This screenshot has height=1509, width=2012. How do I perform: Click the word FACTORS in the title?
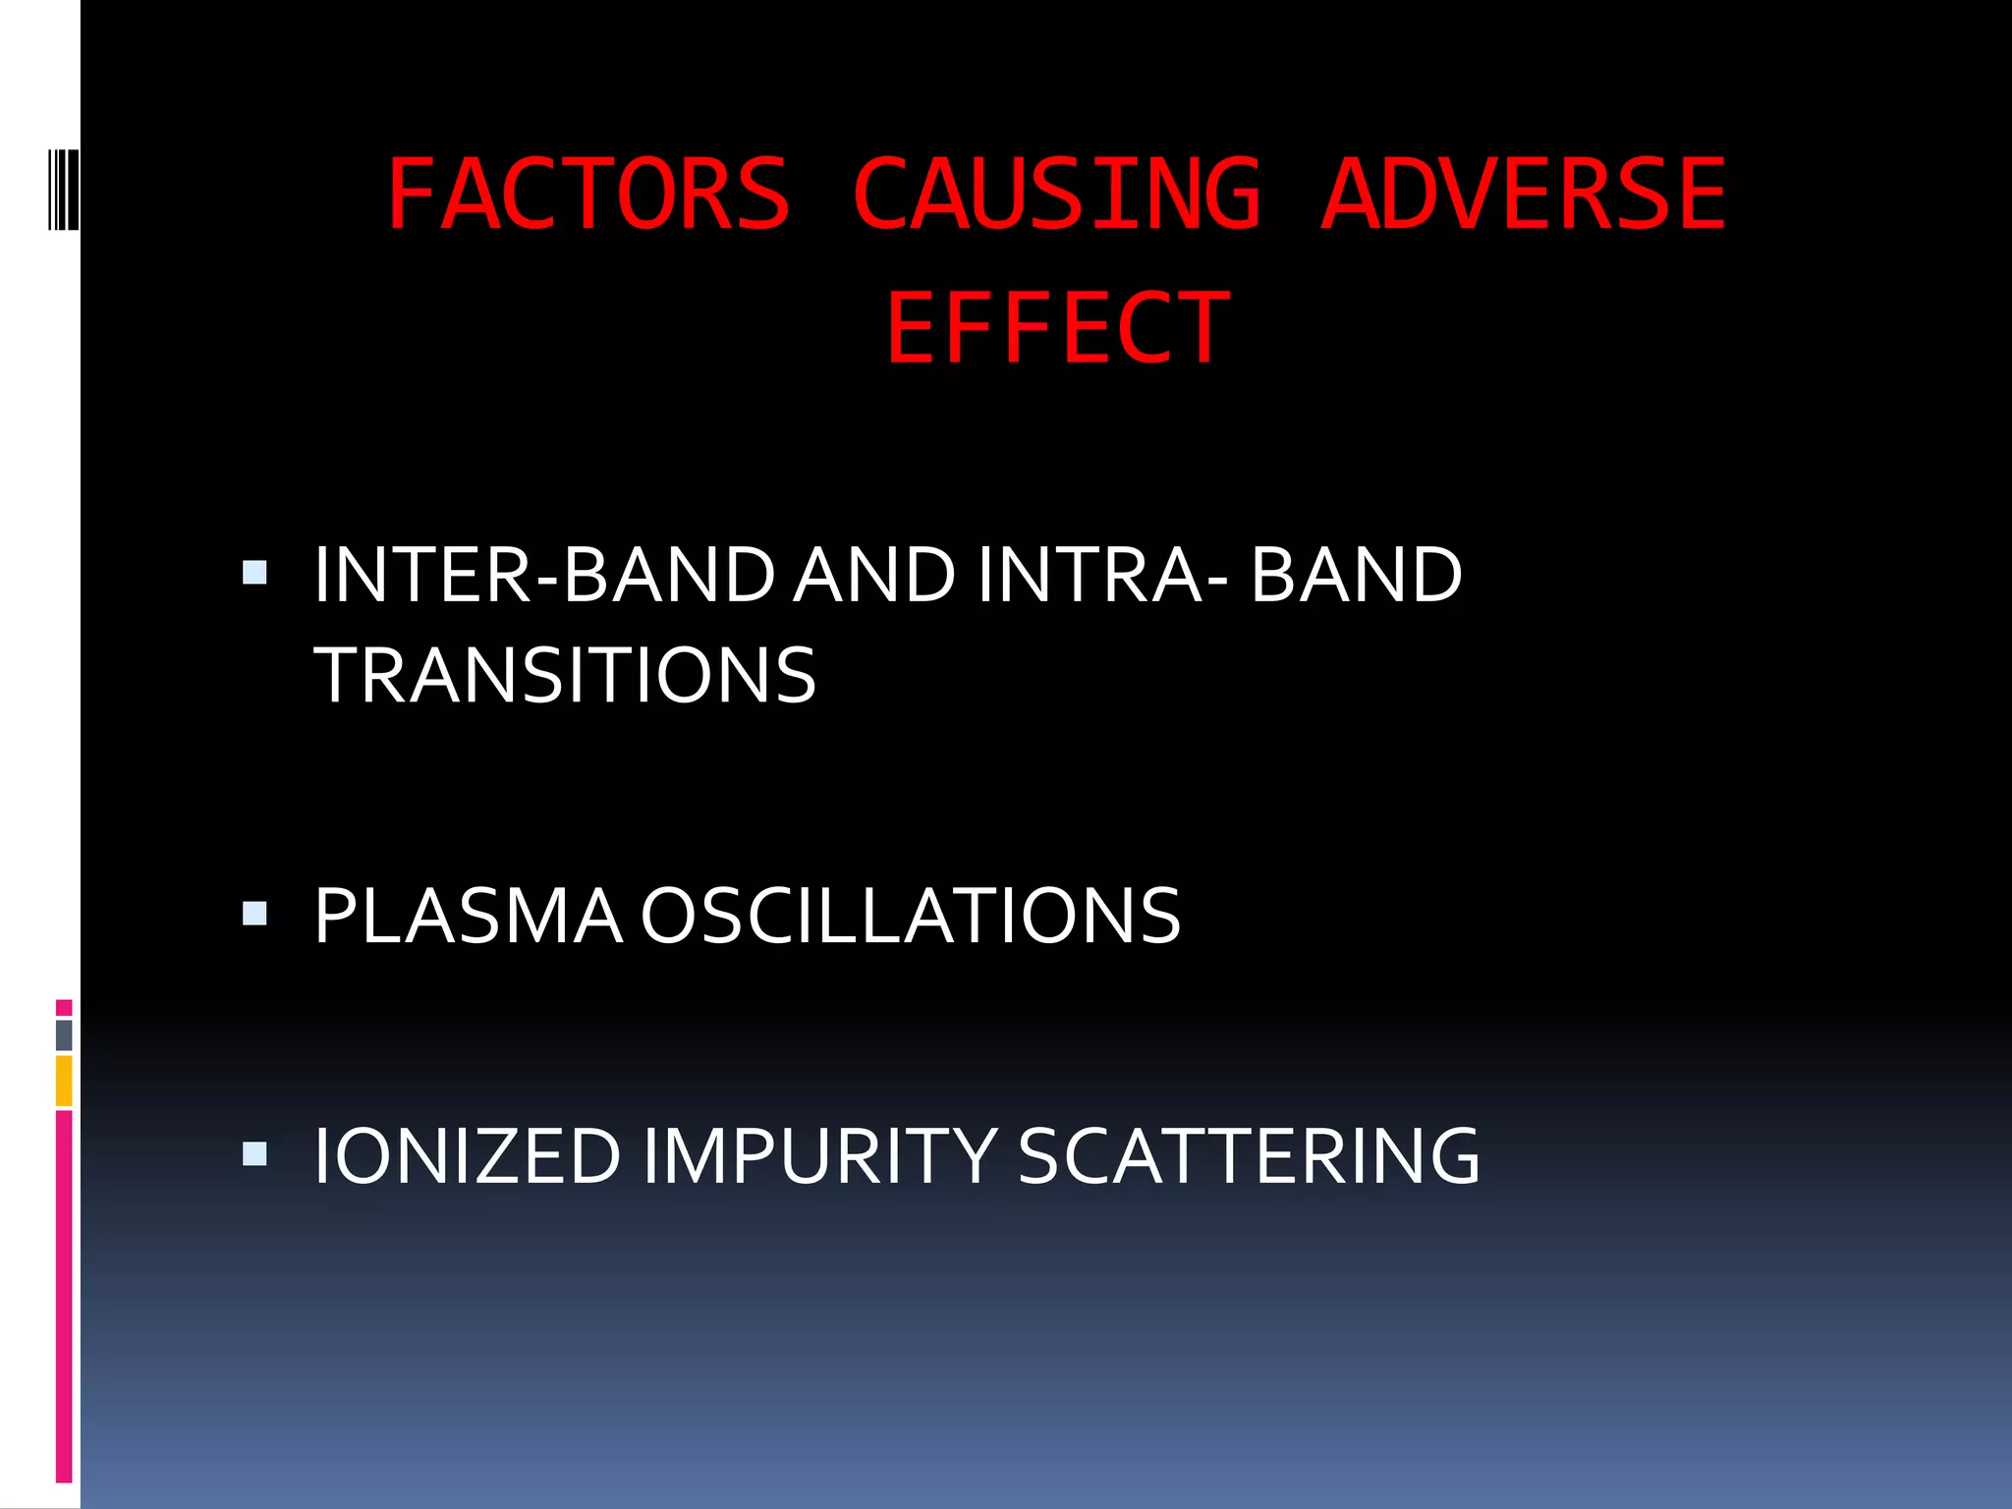(x=588, y=196)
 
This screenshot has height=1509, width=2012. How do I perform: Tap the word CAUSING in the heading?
(x=1056, y=196)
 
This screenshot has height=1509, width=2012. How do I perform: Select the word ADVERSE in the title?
(x=1524, y=196)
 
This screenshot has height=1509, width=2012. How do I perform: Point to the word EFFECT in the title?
(x=1057, y=329)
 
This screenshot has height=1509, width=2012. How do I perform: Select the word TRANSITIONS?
(x=565, y=676)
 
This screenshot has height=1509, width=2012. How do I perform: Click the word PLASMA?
(x=468, y=917)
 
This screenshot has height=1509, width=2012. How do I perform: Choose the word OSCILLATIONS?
(x=910, y=917)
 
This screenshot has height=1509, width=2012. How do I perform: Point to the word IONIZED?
(x=468, y=1156)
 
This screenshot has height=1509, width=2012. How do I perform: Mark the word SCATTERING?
(x=1248, y=1156)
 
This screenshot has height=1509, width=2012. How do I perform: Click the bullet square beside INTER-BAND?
(x=254, y=573)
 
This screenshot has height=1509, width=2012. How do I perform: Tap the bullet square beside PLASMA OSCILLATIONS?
(x=254, y=915)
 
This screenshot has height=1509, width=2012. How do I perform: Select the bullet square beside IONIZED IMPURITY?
(x=254, y=1153)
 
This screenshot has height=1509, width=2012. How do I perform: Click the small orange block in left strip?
(x=64, y=1081)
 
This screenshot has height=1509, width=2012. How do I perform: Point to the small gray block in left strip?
(x=64, y=1034)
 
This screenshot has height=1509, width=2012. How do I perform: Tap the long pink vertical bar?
(x=64, y=1297)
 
